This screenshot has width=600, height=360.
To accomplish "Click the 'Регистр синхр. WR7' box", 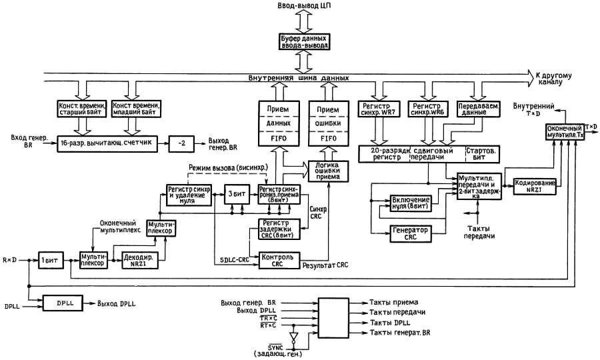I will [x=378, y=109].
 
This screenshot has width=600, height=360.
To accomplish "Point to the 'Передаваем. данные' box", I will [x=479, y=109].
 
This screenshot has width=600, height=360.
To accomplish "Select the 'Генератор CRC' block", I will [x=411, y=232].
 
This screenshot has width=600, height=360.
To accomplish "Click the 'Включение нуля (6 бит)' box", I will [x=411, y=203].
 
